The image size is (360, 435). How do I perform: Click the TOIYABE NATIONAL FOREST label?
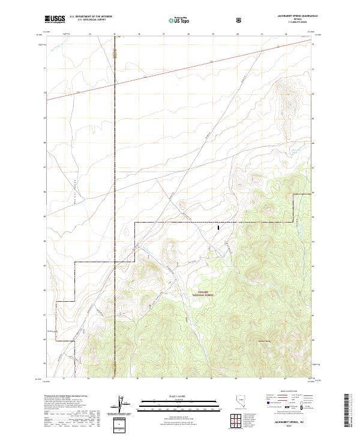pyautogui.click(x=202, y=294)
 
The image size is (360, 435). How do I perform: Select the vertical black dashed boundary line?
pyautogui.click(x=114, y=150)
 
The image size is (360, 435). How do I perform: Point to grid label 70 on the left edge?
pyautogui.click(x=44, y=94)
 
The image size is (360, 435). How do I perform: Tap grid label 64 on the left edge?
pyautogui.click(x=44, y=241)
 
